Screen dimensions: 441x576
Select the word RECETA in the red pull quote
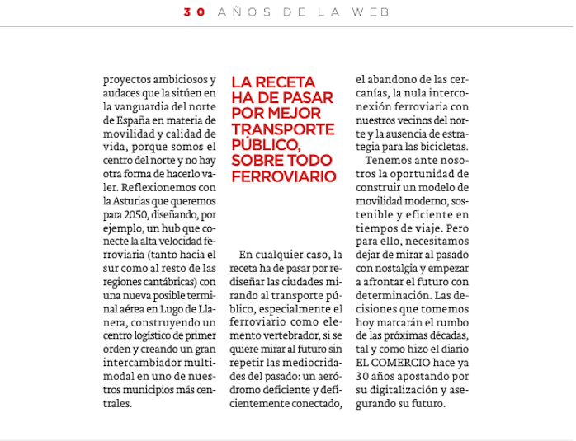[292, 82]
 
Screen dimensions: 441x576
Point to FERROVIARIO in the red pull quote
[284, 176]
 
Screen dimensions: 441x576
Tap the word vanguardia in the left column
[134, 107]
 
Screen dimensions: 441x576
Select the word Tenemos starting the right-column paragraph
[388, 161]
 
